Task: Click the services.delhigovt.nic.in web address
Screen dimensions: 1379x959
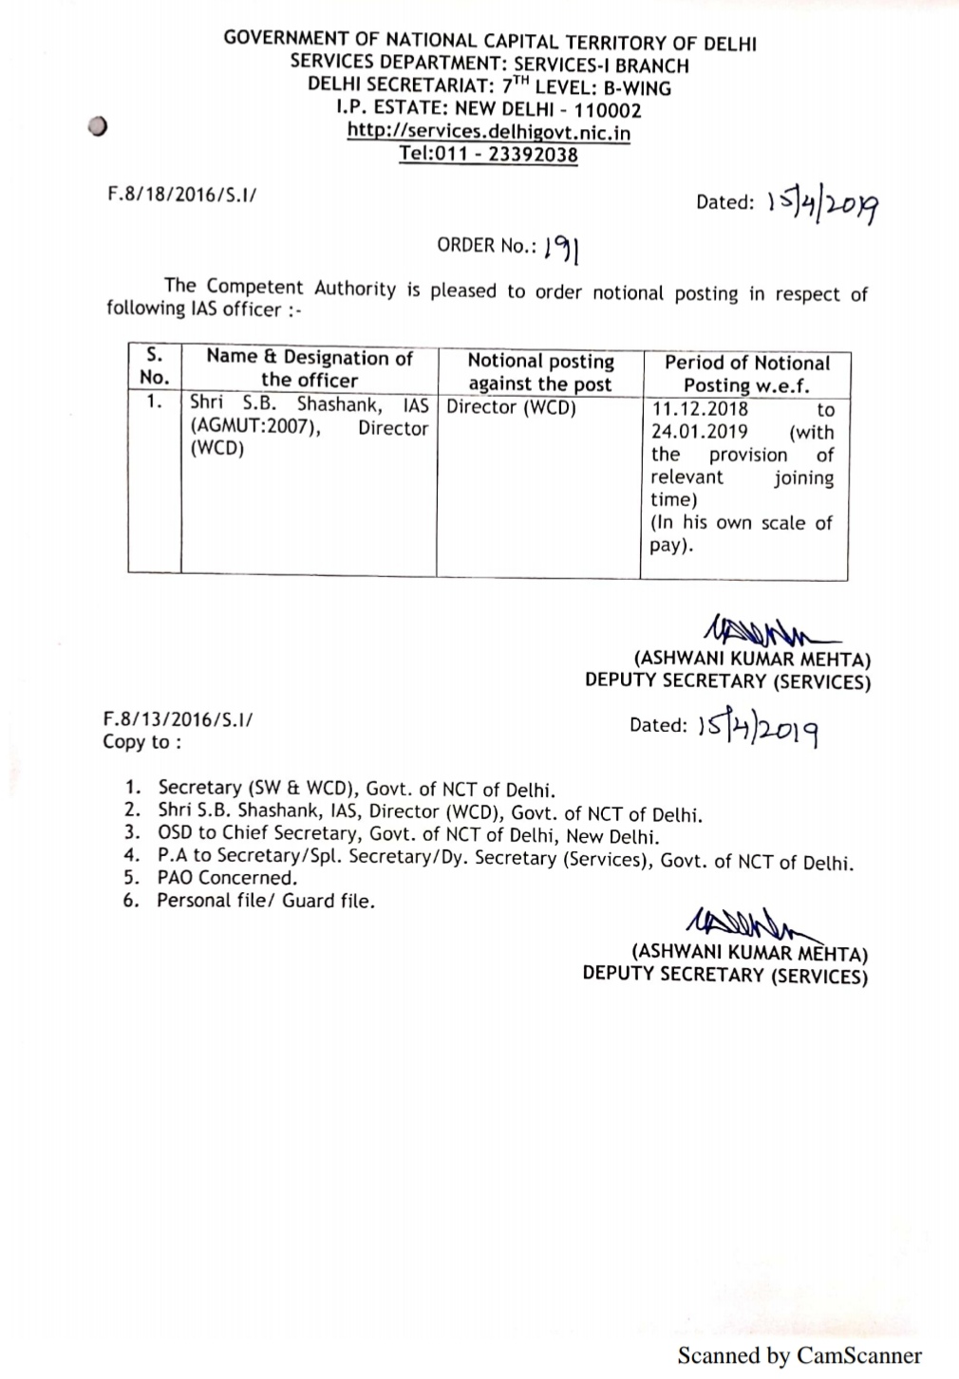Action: click(x=488, y=132)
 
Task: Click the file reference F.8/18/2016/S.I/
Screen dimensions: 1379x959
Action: click(x=181, y=195)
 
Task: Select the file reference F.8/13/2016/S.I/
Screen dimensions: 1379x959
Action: click(x=178, y=719)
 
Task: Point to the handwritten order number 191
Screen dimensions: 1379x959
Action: click(x=562, y=249)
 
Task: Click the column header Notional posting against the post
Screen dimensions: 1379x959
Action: click(x=539, y=372)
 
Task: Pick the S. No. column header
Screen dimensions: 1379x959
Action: click(x=154, y=366)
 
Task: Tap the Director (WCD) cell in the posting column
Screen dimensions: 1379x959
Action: click(x=511, y=408)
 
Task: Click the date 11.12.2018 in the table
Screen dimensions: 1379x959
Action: click(x=700, y=409)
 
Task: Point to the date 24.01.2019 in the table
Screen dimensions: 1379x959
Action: click(x=700, y=432)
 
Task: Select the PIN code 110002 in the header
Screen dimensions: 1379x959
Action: click(x=608, y=110)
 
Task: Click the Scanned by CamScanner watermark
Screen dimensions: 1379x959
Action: click(x=799, y=1355)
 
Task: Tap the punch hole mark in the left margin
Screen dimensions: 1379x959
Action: click(x=95, y=129)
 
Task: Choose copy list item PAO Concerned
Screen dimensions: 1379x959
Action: click(x=227, y=878)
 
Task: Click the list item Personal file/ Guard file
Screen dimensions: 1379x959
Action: click(x=266, y=901)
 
